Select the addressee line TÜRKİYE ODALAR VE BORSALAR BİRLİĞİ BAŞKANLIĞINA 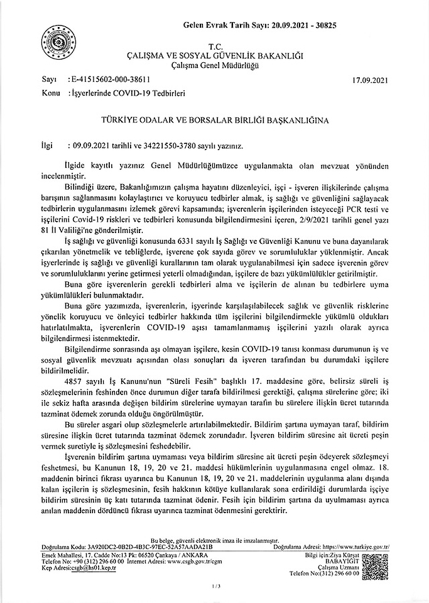[x=214, y=118]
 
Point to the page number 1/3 [x=214, y=587]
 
